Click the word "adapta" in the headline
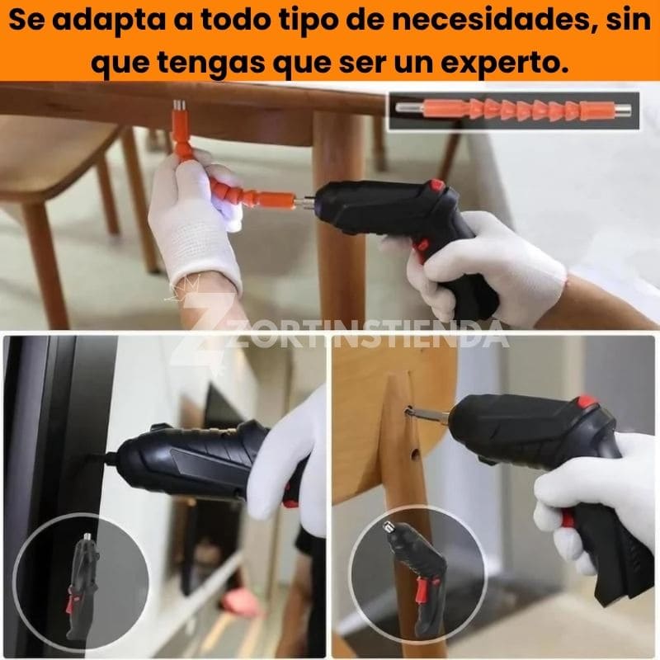click(110, 21)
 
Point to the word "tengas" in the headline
click(211, 64)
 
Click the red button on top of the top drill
click(436, 184)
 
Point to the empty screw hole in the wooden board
click(415, 453)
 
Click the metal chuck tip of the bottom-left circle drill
click(87, 537)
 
